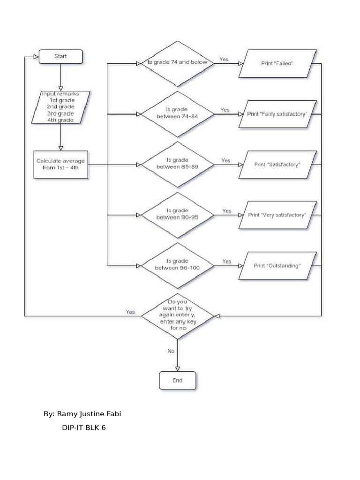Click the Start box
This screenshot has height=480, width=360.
(x=60, y=56)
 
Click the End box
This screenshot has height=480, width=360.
(x=177, y=380)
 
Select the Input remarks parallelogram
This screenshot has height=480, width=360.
(x=60, y=107)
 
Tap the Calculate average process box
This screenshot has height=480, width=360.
(x=61, y=165)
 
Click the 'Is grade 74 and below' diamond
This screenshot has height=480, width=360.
(x=177, y=62)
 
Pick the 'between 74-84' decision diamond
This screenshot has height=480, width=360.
(x=177, y=113)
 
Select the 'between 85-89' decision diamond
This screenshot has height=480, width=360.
(x=177, y=165)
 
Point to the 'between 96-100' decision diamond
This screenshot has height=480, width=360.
(x=177, y=265)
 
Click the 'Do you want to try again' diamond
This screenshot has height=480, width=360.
(x=177, y=315)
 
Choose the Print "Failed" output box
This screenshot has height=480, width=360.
(x=277, y=63)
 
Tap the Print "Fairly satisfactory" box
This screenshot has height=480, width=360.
(x=277, y=114)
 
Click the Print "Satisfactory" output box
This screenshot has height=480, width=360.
(x=277, y=165)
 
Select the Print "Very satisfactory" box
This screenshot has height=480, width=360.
(x=277, y=215)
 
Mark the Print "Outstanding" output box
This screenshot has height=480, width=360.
(x=277, y=266)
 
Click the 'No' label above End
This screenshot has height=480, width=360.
(x=171, y=351)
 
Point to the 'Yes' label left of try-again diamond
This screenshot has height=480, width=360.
(x=130, y=312)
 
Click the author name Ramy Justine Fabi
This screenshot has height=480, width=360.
(x=85, y=414)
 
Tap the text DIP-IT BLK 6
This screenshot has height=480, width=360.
(x=83, y=427)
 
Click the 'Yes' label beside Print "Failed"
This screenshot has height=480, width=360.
(x=224, y=60)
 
